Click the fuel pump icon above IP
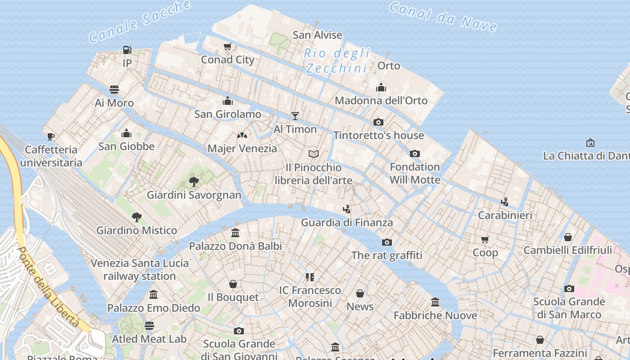[127, 49]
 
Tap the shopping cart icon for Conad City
[228, 46]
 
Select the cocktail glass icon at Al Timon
[295, 116]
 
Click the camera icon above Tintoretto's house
[378, 122]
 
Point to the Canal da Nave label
[443, 17]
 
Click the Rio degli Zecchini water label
[337, 61]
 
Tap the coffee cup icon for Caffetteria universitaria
[51, 136]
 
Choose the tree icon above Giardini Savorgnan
[194, 182]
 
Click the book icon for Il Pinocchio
[314, 154]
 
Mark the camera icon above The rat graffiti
[387, 243]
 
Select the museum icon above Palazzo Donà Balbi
[235, 233]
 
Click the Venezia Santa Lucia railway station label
[139, 270]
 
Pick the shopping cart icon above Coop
[485, 239]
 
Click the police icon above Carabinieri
[504, 202]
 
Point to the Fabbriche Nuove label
[435, 315]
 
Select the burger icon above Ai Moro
[114, 90]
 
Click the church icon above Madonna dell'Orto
[381, 87]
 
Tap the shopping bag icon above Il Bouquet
[233, 284]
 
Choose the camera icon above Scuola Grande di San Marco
[569, 288]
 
